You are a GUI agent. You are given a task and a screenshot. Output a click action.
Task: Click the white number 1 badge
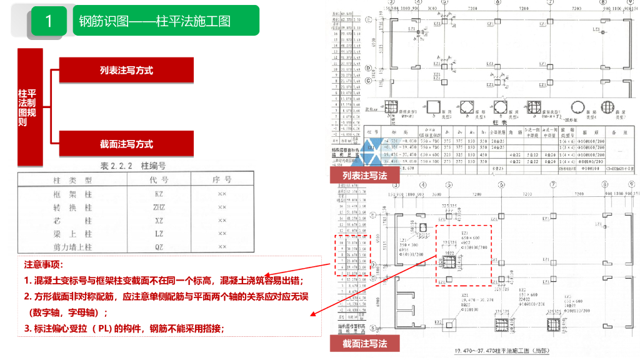coord(49,21)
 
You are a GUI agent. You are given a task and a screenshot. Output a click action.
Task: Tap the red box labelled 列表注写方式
coord(126,71)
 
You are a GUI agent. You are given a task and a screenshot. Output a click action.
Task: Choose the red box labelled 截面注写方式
coord(126,144)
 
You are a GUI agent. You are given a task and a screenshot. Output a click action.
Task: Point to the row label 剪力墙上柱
coord(73,247)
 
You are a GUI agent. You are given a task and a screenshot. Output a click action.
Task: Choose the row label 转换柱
coord(73,207)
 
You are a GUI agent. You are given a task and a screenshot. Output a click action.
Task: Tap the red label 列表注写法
coord(365,176)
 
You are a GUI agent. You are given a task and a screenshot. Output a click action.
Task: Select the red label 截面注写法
coord(365,343)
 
